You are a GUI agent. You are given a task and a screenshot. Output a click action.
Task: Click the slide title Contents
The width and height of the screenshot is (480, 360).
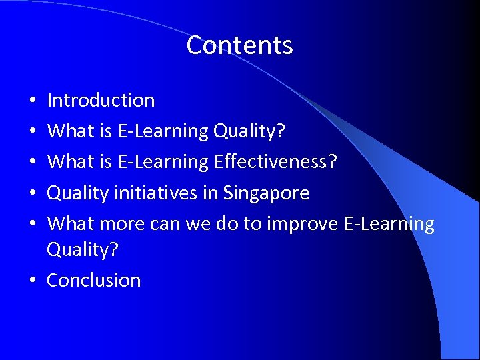click(239, 45)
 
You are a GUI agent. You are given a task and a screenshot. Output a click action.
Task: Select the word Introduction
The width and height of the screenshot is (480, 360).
click(101, 101)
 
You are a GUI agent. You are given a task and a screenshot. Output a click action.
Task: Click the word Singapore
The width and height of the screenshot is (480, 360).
click(266, 193)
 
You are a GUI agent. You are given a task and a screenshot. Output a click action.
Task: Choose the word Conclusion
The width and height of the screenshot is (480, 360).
click(93, 280)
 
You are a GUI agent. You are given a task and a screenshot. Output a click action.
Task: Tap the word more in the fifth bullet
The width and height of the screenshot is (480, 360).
click(122, 224)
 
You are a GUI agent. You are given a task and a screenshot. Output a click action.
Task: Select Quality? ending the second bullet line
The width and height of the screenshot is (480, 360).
click(249, 131)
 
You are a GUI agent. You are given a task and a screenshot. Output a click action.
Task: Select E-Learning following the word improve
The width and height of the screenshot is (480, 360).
click(389, 224)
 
